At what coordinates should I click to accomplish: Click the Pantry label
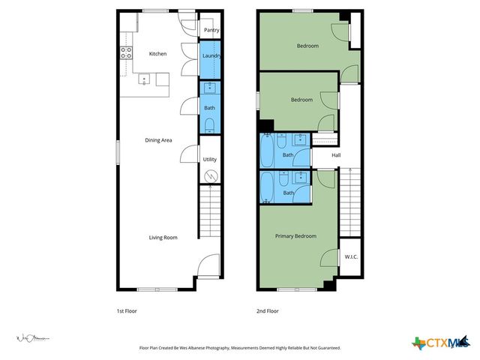(x=211, y=31)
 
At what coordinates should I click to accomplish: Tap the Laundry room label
(x=211, y=55)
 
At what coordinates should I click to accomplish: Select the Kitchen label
(x=157, y=54)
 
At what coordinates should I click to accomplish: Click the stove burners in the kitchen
(x=126, y=52)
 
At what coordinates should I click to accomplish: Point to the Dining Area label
(x=159, y=139)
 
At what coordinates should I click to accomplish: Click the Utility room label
(x=210, y=160)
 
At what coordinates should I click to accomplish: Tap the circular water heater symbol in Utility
(x=211, y=176)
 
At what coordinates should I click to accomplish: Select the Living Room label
(x=163, y=238)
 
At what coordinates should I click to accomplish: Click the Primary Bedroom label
(x=295, y=236)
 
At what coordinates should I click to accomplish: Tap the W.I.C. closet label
(x=350, y=257)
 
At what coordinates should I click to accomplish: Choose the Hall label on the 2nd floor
(x=336, y=155)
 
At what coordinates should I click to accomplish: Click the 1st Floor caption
(x=126, y=310)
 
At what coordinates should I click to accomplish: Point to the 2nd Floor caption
(x=268, y=310)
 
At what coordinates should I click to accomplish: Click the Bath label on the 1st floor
(x=209, y=107)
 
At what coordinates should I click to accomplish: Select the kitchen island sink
(x=145, y=78)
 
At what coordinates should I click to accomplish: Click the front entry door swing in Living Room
(x=208, y=267)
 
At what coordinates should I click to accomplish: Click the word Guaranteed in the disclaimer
(x=325, y=348)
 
